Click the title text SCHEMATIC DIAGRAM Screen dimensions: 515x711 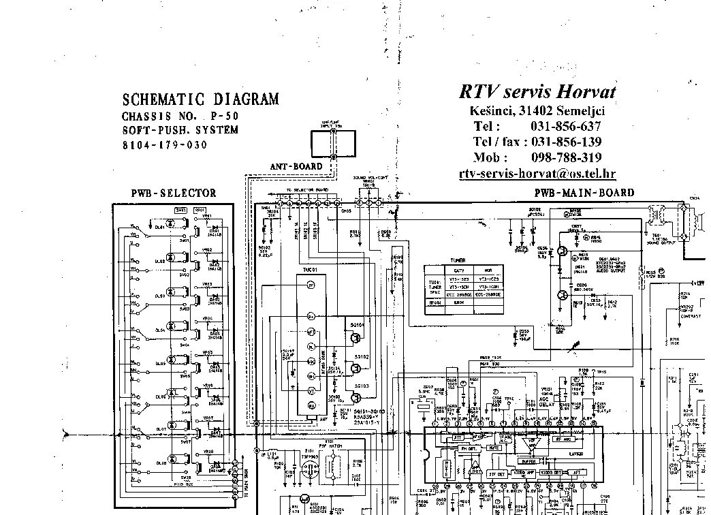[200, 99]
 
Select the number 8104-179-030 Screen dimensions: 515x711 [164, 145]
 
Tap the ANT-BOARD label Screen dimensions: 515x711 [296, 166]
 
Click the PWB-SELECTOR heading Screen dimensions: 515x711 [174, 193]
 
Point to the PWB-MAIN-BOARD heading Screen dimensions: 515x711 [584, 193]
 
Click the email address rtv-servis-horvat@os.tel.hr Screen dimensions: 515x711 [537, 174]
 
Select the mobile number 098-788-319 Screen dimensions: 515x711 [565, 158]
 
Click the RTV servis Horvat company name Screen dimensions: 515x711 [537, 91]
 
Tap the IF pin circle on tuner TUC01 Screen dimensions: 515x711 [311, 287]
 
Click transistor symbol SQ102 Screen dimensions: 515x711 [355, 369]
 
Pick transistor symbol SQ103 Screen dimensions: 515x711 [355, 396]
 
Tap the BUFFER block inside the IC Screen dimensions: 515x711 [530, 460]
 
